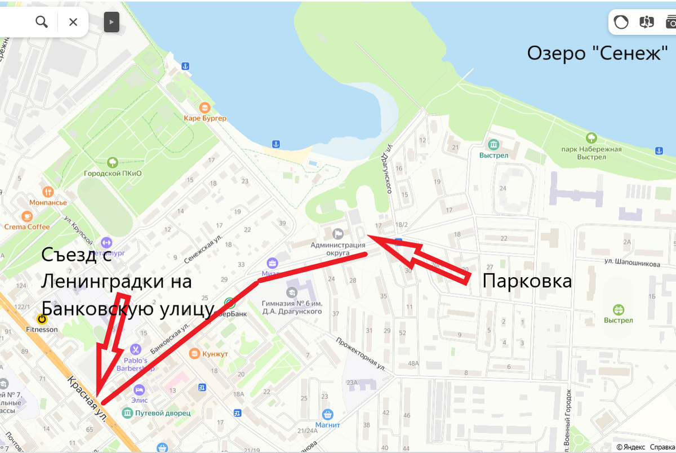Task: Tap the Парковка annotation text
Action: [x=527, y=281]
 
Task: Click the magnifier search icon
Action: [x=42, y=22]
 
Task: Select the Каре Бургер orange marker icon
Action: [x=204, y=107]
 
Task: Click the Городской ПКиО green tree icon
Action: [x=113, y=163]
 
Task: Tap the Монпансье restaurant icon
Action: [x=48, y=192]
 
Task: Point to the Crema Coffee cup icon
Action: [x=27, y=216]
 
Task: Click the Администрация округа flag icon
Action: [x=338, y=233]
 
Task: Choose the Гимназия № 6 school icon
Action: [x=291, y=292]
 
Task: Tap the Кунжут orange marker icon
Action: [x=195, y=353]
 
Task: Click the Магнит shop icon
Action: [x=327, y=414]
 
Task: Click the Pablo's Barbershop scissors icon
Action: [x=135, y=350]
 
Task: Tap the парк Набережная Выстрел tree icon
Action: [x=591, y=137]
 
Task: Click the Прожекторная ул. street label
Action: [x=361, y=353]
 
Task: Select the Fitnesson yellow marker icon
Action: [x=42, y=319]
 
